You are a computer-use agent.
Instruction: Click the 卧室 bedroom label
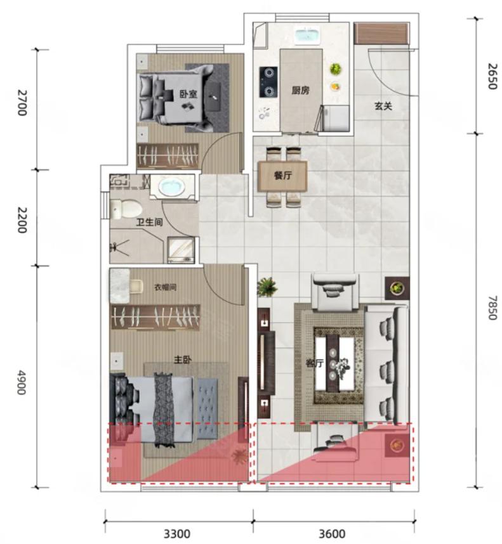tap(188, 94)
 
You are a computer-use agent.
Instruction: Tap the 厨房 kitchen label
tap(300, 91)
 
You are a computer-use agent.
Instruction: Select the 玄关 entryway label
tap(383, 106)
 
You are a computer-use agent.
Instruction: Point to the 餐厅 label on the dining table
tap(282, 176)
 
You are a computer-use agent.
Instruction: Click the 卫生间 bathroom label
tap(149, 222)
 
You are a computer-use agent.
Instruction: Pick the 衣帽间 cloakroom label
tap(165, 287)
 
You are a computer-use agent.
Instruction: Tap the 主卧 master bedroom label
tap(183, 359)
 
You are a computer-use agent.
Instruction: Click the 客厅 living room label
tap(314, 363)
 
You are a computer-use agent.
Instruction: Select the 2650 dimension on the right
tap(492, 76)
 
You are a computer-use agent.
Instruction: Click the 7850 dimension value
tap(492, 308)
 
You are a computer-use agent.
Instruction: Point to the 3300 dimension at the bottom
tap(177, 534)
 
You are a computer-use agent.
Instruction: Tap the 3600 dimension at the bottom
tap(333, 534)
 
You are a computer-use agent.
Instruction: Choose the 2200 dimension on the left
tap(22, 220)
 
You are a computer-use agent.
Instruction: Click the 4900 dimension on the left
tap(22, 382)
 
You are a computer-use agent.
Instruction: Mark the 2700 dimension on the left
tap(22, 103)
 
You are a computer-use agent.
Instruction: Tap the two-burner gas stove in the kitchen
tap(268, 82)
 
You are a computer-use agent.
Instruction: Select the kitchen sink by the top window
tap(308, 36)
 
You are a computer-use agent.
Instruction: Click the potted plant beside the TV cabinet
tap(267, 287)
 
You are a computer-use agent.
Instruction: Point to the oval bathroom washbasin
tap(172, 187)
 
